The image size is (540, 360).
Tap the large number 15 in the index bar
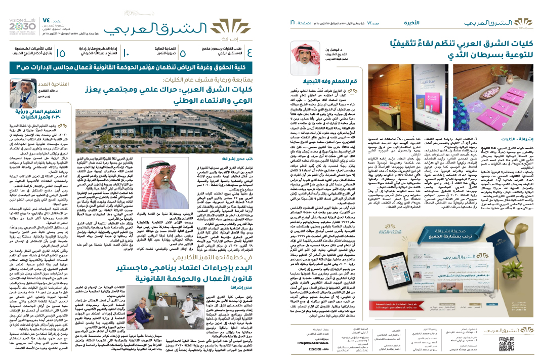pyautogui.click(x=61, y=53)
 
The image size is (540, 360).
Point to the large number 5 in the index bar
pyautogui.click(x=183, y=53)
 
